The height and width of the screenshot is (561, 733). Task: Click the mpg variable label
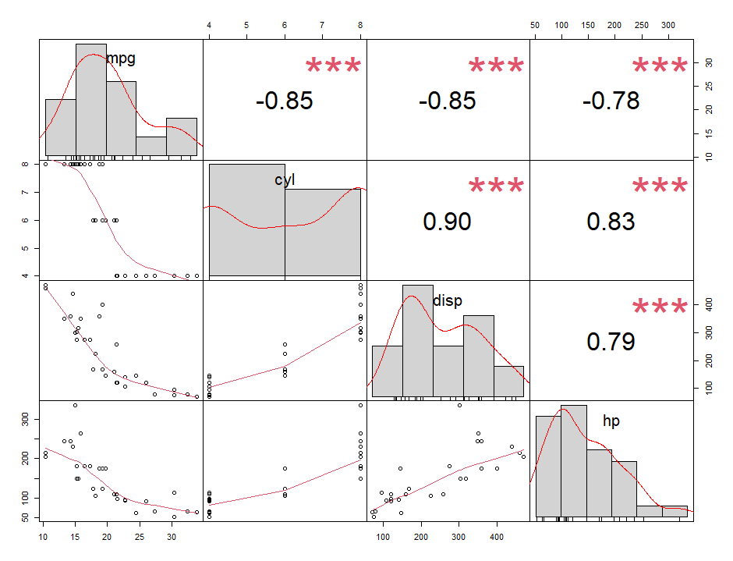121,59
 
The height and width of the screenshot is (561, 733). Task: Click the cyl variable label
285,180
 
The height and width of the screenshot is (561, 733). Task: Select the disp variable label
448,300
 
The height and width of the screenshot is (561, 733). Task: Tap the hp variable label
611,421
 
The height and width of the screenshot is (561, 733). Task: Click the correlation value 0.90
447,222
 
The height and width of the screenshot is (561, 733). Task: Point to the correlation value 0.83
611,222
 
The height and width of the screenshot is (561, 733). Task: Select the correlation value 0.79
611,342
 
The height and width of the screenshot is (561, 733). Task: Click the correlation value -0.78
611,101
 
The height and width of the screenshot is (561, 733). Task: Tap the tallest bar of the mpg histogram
91,100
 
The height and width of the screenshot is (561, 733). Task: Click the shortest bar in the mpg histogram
151,146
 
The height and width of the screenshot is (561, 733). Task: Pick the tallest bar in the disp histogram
418,341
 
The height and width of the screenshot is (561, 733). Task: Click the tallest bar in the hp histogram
574,461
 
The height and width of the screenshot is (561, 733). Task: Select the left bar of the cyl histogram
247,220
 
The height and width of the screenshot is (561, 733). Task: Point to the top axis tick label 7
322,25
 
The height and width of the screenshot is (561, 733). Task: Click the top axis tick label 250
641,25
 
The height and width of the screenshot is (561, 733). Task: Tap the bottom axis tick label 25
140,537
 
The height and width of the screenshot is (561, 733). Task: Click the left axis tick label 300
25,419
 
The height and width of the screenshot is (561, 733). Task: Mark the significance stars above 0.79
660,307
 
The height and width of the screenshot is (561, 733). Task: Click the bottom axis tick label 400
497,537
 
